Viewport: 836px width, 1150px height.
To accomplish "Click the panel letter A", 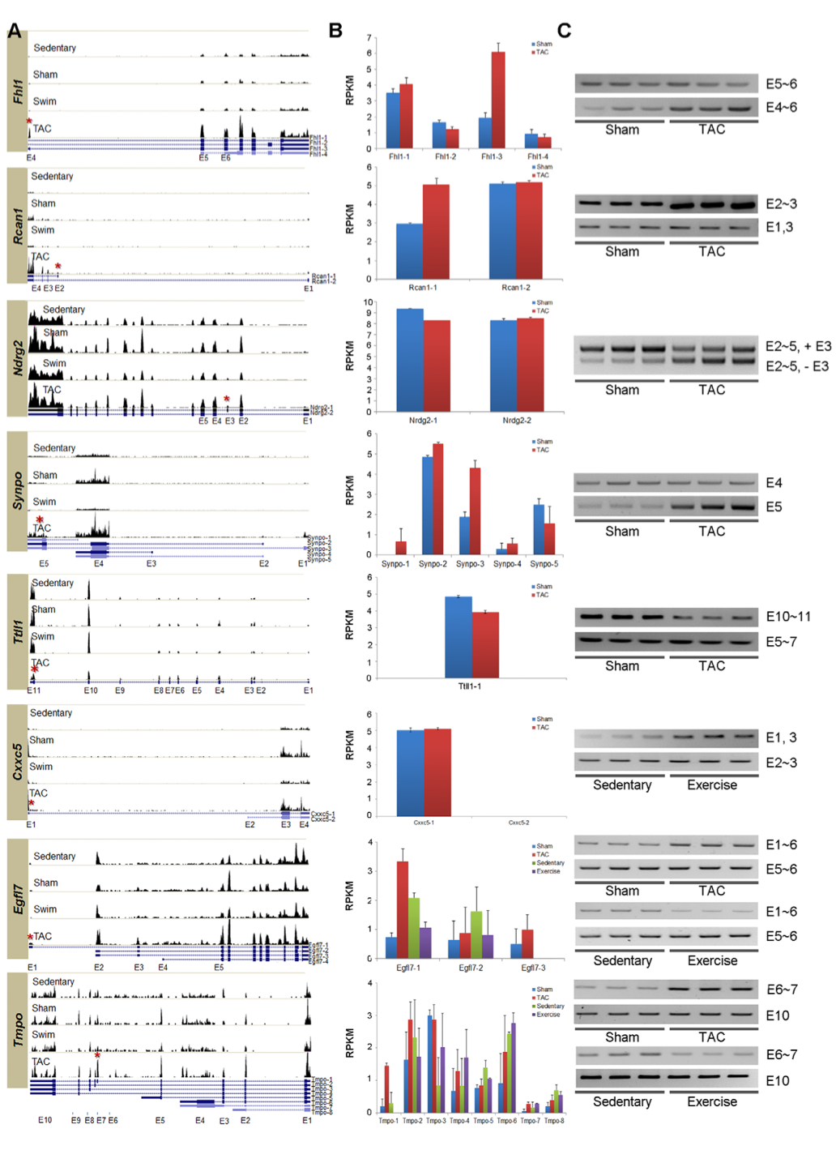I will pos(15,31).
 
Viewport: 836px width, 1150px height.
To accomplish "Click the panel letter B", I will pos(335,31).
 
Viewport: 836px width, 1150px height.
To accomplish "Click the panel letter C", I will pos(565,31).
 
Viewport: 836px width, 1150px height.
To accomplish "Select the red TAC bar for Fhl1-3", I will pos(497,100).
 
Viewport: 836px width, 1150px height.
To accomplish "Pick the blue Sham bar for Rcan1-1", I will pos(409,251).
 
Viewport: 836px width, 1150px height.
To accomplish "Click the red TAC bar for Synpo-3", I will pos(475,511).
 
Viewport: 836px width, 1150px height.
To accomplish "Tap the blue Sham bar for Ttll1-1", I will pos(459,637).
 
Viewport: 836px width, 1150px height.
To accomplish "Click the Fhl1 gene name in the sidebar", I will pos(18,92).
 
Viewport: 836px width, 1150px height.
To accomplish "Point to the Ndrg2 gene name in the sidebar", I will pos(18,358).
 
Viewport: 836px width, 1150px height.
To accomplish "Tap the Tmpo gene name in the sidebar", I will pos(18,1030).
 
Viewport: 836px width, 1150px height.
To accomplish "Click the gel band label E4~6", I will pos(781,107).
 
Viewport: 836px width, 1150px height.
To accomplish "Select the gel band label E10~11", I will pos(787,617).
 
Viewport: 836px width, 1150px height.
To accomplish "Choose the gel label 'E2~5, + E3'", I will pos(797,347).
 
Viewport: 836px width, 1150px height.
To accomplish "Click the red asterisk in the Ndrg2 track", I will pos(227,399).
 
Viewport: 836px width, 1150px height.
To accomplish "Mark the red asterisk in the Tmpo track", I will pos(97,1055).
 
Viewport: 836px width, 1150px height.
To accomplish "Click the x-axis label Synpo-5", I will pos(544,564).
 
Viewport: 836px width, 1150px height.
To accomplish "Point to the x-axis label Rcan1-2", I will pos(516,288).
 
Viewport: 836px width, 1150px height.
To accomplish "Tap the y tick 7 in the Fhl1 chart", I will pos(369,38).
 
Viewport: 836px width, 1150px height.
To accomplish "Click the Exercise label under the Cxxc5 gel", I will pos(712,785).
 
